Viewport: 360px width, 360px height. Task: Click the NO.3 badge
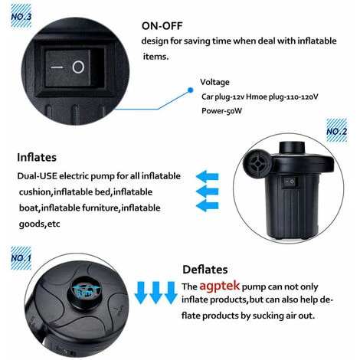click(x=21, y=16)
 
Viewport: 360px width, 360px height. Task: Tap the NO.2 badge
click(x=337, y=130)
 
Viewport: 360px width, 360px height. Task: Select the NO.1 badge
click(x=21, y=258)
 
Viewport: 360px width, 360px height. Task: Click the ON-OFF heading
click(x=162, y=26)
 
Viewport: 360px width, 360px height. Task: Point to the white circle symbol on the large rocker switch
click(x=78, y=67)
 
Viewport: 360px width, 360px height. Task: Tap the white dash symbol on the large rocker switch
click(x=57, y=67)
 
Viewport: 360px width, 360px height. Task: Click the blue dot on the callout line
click(x=190, y=90)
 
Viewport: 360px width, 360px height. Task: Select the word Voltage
click(x=214, y=82)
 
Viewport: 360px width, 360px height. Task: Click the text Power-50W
click(x=221, y=111)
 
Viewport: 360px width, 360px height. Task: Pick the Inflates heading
click(x=37, y=157)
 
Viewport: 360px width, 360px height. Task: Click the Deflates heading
click(x=205, y=270)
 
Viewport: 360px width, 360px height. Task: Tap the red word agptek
click(x=219, y=286)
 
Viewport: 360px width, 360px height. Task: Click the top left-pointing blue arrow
click(x=207, y=176)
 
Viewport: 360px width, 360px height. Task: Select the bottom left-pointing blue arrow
click(x=207, y=205)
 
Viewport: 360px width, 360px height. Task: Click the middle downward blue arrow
click(x=155, y=293)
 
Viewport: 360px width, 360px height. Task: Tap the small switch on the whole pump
click(x=290, y=182)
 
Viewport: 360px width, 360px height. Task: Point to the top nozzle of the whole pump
click(x=292, y=148)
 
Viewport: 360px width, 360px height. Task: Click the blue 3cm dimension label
click(x=85, y=293)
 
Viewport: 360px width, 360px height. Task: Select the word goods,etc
click(x=39, y=224)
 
